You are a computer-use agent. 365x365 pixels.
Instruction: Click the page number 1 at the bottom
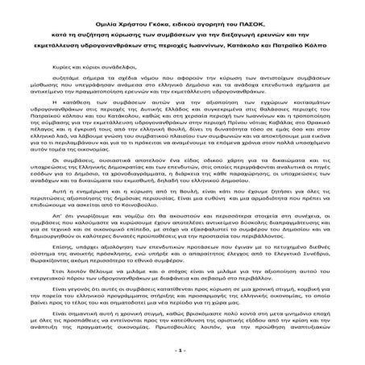pyautogui.click(x=183, y=351)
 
